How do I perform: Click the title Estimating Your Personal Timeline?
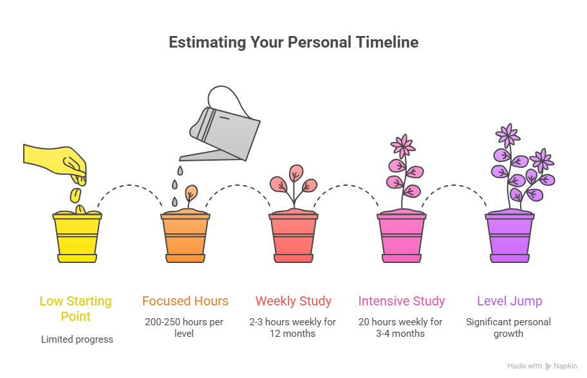[x=293, y=42]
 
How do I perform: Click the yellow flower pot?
[x=77, y=237]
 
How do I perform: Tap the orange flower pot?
[x=185, y=237]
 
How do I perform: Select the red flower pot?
[x=293, y=237]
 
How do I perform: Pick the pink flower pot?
[x=402, y=237]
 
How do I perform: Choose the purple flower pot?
[x=510, y=237]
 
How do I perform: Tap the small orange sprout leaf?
[x=191, y=194]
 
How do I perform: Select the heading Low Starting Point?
[x=76, y=309]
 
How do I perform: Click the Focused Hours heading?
[x=185, y=301]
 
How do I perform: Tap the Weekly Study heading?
[x=293, y=301]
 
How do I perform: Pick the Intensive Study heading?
[x=402, y=301]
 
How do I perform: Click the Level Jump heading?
[x=510, y=301]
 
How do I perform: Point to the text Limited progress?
[x=77, y=339]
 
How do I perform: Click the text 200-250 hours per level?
[x=185, y=328]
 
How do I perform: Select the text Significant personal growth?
[x=509, y=328]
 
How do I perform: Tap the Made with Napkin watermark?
[x=542, y=366]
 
